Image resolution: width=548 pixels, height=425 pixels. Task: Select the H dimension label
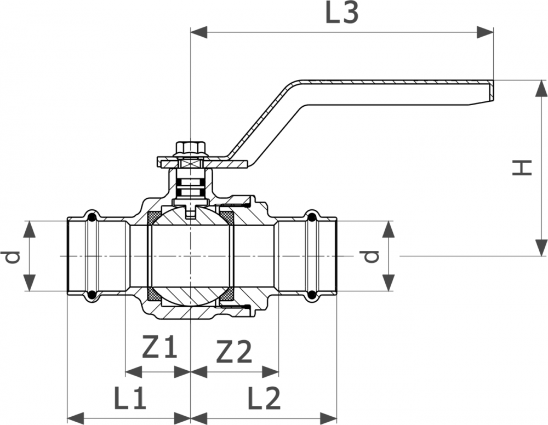(522, 168)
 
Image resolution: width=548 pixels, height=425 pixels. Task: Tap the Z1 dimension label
(159, 347)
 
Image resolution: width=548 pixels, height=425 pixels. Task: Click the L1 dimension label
(130, 398)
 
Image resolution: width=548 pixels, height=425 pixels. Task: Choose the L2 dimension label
(264, 398)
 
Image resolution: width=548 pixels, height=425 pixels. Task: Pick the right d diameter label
(370, 257)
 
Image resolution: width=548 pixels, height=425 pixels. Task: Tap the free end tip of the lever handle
(493, 91)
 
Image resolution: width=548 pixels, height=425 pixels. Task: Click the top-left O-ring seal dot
(92, 219)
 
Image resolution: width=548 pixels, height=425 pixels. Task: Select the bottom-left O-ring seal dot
(92, 294)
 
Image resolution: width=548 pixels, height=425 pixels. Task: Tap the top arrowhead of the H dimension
(541, 89)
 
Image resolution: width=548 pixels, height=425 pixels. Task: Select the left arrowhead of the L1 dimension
(76, 418)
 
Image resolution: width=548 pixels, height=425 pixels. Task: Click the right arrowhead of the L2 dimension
(329, 418)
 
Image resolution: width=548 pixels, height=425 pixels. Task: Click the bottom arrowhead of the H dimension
(541, 248)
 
